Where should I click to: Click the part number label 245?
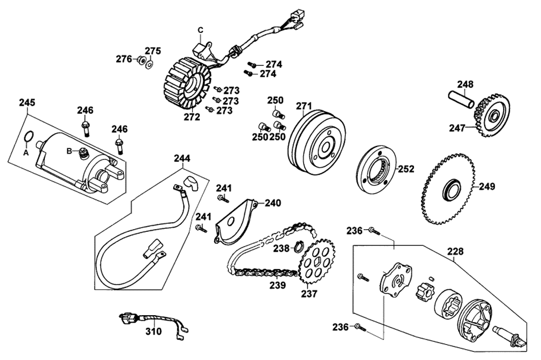[27, 102]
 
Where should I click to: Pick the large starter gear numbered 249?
[448, 188]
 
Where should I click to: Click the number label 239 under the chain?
[278, 285]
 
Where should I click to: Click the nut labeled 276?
[141, 61]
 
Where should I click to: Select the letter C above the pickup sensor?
[201, 30]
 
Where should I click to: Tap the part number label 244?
[182, 158]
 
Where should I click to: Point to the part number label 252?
[406, 169]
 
